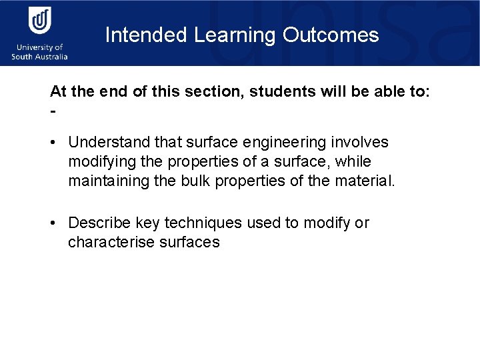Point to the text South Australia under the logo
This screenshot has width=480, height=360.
[40, 57]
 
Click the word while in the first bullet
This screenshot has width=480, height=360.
[354, 162]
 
